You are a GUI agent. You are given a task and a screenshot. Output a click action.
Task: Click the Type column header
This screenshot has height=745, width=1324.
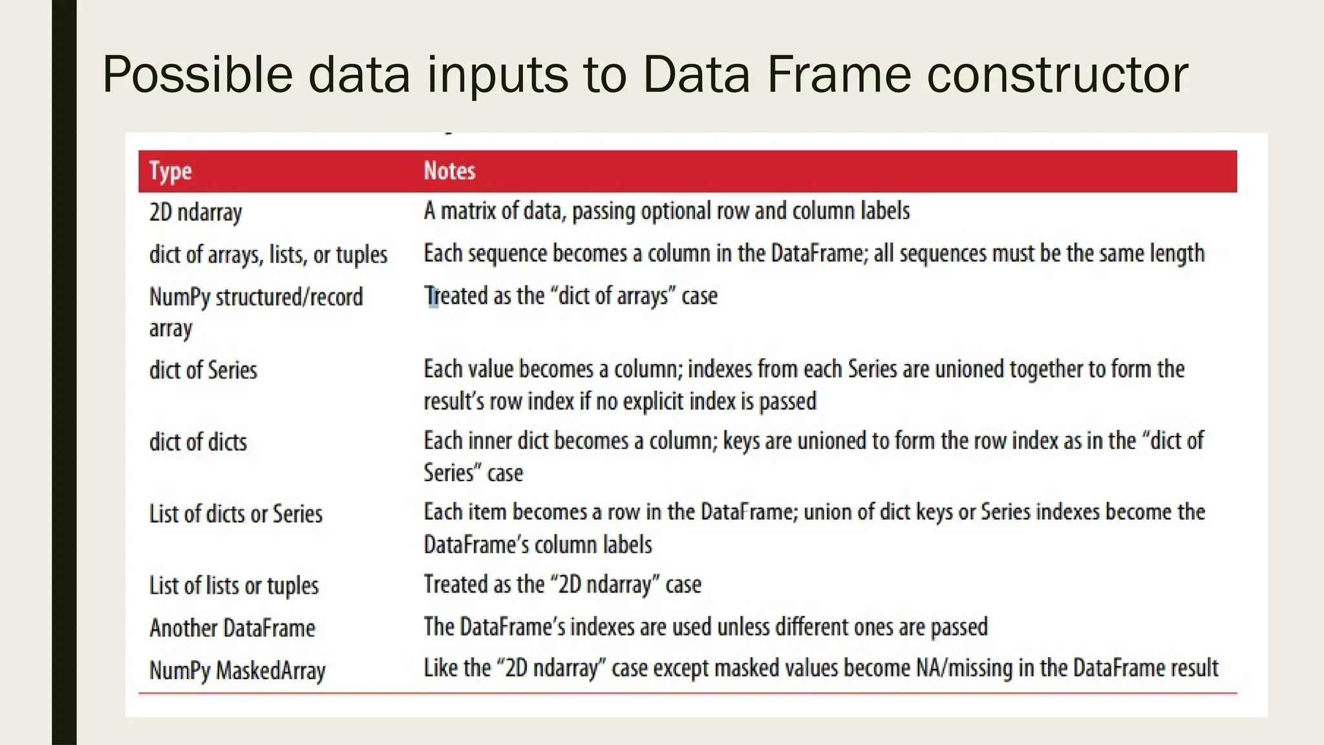coord(170,171)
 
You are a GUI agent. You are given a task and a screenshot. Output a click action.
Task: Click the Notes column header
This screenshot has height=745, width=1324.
coord(449,171)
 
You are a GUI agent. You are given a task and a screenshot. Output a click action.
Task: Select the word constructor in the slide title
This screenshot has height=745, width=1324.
coord(1057,75)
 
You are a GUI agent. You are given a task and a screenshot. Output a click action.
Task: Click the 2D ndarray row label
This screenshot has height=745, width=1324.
coord(195,212)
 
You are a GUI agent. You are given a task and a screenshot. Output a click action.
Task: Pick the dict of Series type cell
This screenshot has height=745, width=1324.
coord(203,371)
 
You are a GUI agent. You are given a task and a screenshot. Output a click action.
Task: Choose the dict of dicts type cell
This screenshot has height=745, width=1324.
coord(198,442)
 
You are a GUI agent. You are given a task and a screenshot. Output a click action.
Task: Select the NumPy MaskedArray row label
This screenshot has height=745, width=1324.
coord(237,671)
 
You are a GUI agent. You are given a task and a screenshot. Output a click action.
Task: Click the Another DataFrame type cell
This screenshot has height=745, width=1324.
coord(232,628)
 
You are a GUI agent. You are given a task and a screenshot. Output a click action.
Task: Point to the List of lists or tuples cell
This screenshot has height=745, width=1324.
coord(233,586)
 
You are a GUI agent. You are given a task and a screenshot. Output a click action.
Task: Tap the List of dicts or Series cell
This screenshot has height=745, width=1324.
coord(235,514)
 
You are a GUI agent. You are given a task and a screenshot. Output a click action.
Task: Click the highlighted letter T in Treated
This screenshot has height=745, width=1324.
coord(431,296)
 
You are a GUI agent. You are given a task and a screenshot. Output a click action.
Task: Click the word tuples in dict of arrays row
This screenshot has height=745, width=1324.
coord(361,255)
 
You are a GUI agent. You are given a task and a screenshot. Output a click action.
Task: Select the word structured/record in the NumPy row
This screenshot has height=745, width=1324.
coord(289,297)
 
